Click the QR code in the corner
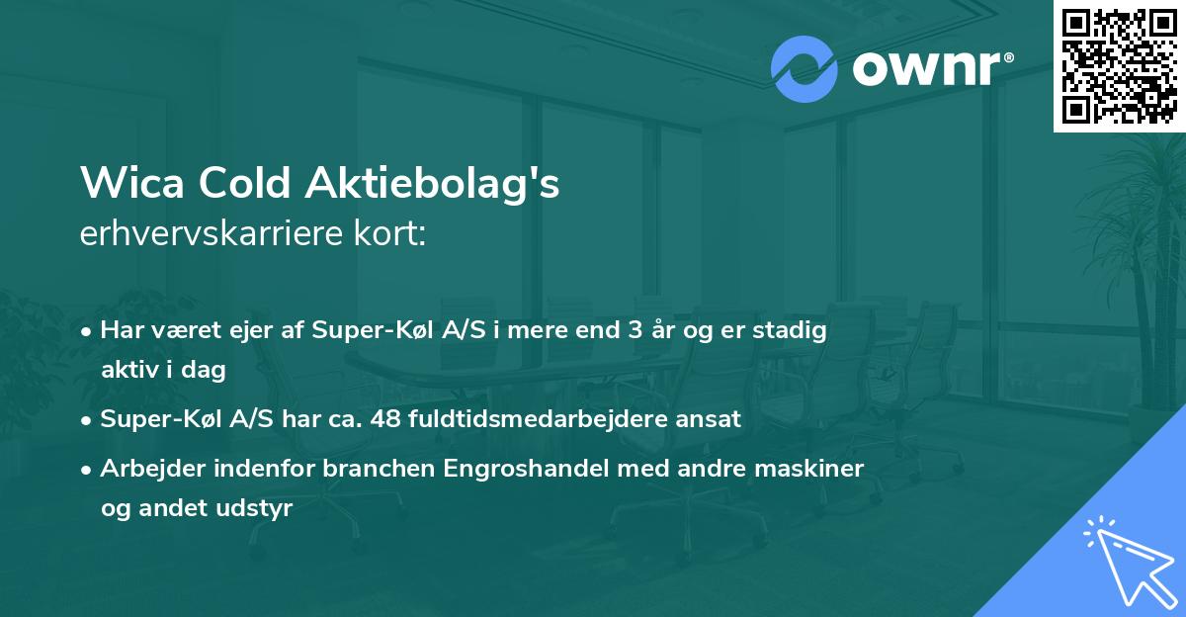[1119, 65]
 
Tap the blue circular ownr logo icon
[804, 69]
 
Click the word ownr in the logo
[930, 69]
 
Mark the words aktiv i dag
[163, 370]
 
